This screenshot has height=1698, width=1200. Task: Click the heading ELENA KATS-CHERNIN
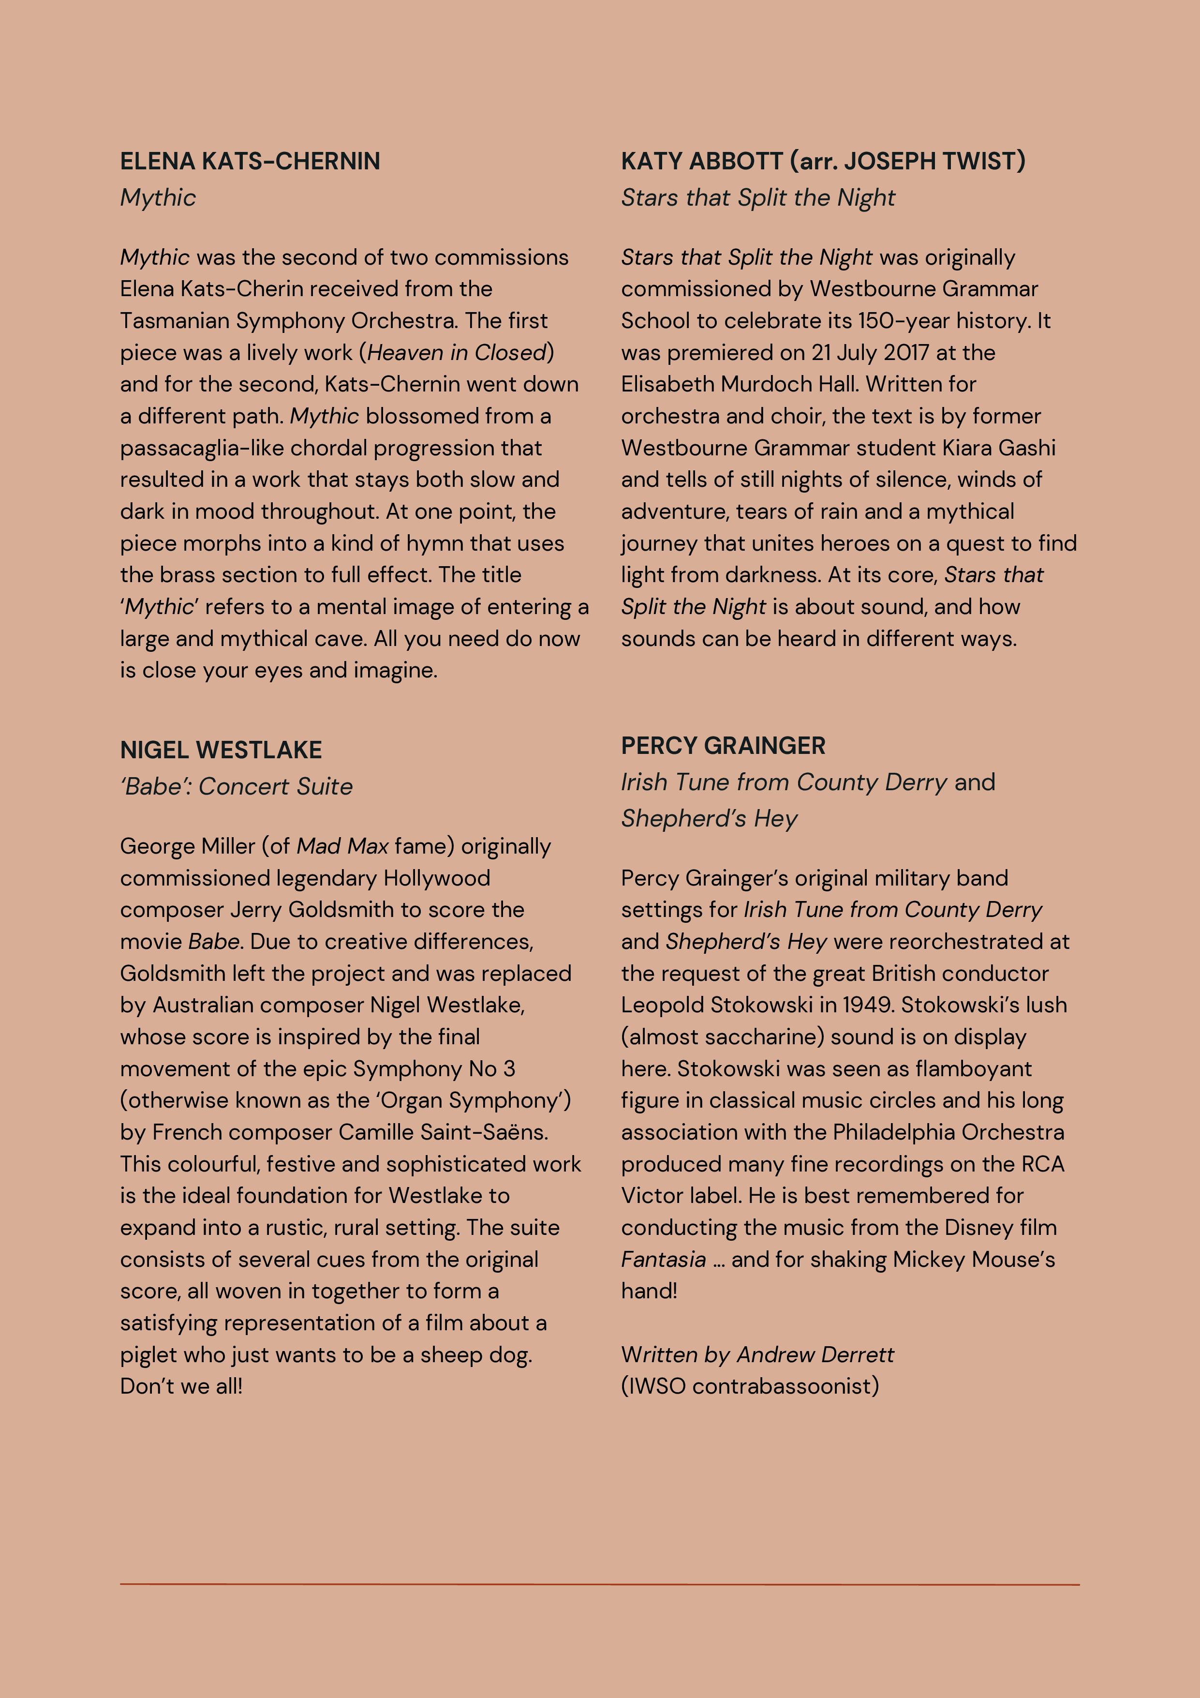pyautogui.click(x=250, y=161)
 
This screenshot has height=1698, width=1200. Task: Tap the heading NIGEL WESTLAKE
pyautogui.click(x=221, y=750)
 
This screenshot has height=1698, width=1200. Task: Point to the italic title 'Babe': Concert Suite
pyautogui.click(x=236, y=786)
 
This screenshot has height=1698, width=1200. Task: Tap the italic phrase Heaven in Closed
pyautogui.click(x=456, y=353)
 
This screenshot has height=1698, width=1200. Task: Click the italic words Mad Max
pyautogui.click(x=342, y=846)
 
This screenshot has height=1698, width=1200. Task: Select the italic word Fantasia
pyautogui.click(x=663, y=1260)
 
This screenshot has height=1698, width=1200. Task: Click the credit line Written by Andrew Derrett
pyautogui.click(x=757, y=1355)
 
